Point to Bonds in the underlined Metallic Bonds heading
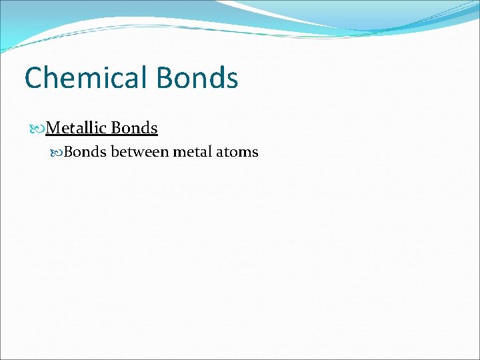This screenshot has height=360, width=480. (135, 127)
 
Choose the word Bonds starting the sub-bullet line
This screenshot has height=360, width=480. (85, 152)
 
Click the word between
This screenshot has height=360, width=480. (139, 152)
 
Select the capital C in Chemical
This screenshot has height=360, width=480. (34, 78)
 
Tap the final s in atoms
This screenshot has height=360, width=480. (254, 153)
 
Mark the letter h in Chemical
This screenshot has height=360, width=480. (51, 78)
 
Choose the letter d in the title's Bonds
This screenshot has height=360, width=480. (212, 78)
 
